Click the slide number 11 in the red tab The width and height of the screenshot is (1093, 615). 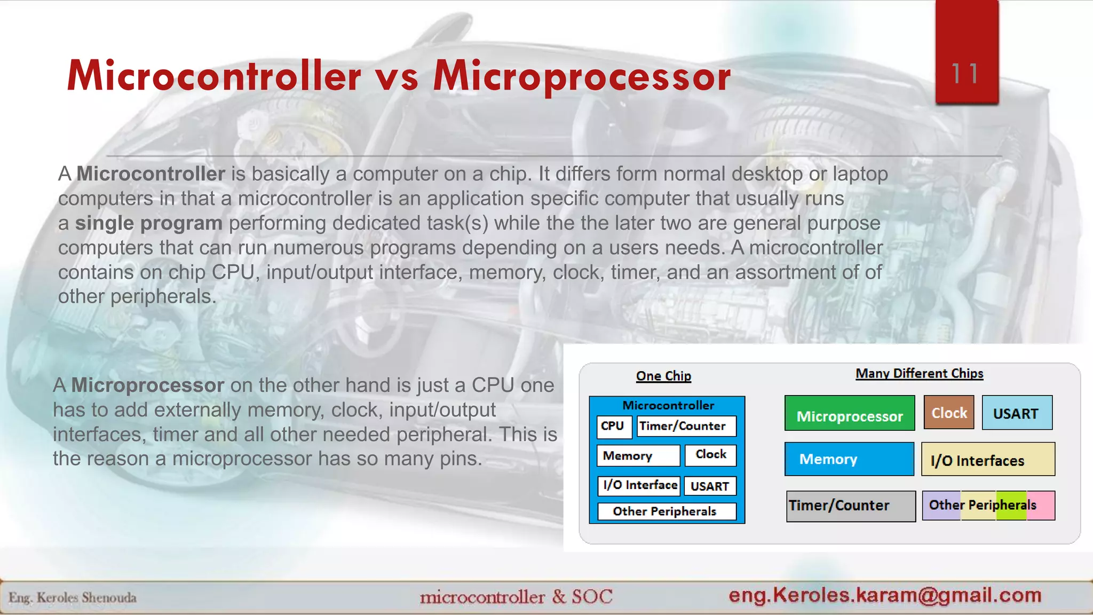pyautogui.click(x=965, y=74)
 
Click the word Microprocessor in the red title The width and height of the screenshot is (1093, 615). pyautogui.click(x=582, y=76)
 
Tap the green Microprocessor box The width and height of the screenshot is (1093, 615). pyautogui.click(x=850, y=414)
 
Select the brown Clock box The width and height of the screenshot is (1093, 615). pyautogui.click(x=949, y=413)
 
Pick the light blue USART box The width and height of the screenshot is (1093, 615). pyautogui.click(x=1017, y=413)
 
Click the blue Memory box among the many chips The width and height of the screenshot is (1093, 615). pyautogui.click(x=849, y=459)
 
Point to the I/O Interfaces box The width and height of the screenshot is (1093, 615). pyautogui.click(x=988, y=460)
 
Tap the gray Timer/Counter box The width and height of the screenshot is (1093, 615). pyautogui.click(x=851, y=506)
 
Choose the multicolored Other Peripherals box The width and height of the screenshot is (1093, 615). pyautogui.click(x=988, y=505)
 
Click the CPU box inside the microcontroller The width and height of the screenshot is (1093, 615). pyautogui.click(x=613, y=426)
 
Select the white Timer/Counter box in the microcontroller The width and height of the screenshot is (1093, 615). pyautogui.click(x=686, y=426)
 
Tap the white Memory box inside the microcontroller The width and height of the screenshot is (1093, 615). pyautogui.click(x=638, y=455)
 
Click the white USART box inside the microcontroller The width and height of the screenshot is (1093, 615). pyautogui.click(x=709, y=486)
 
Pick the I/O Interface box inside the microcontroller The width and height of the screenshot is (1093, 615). pyautogui.click(x=639, y=485)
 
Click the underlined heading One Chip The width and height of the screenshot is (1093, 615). pyautogui.click(x=663, y=376)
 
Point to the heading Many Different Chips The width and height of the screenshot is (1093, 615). pyautogui.click(x=919, y=373)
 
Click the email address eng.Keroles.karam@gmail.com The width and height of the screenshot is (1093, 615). pyautogui.click(x=885, y=595)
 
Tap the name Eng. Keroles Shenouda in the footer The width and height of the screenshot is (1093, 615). pyautogui.click(x=73, y=597)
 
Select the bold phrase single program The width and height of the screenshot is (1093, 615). pyautogui.click(x=148, y=223)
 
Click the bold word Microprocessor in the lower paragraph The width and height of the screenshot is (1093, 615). pyautogui.click(x=147, y=385)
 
